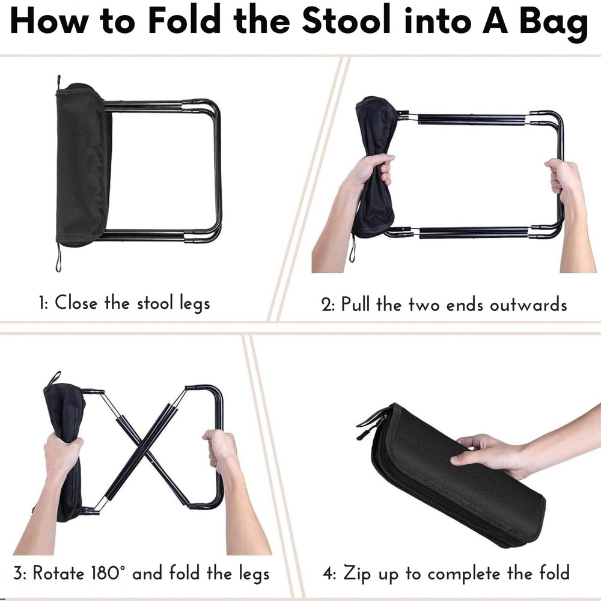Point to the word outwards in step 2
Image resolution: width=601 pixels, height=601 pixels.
click(x=528, y=304)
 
